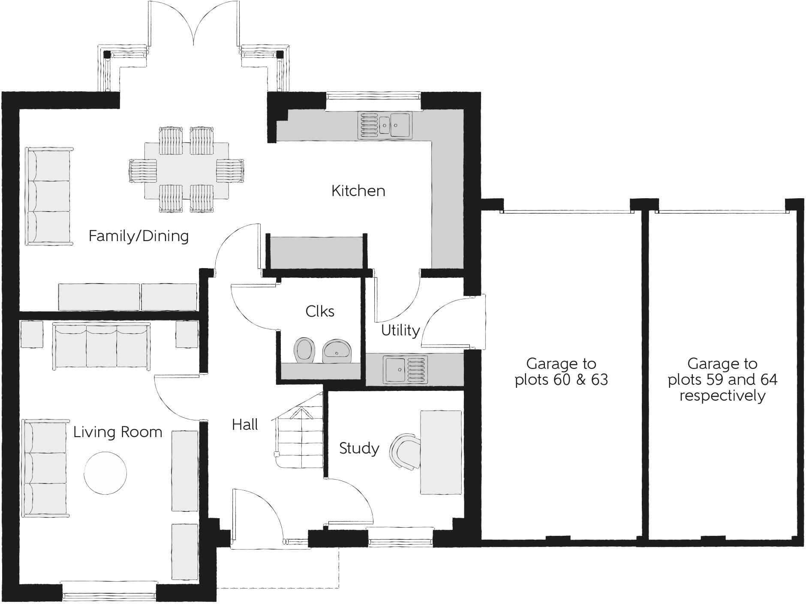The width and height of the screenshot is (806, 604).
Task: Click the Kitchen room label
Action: (358, 191)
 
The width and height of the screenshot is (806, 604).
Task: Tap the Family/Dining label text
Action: (138, 236)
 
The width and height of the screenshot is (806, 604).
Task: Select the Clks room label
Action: (320, 311)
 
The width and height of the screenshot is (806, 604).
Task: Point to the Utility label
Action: (400, 330)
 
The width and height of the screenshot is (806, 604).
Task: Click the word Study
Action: (359, 449)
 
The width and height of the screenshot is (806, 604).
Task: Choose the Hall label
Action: (245, 425)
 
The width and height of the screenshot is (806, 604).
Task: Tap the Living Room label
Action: (117, 432)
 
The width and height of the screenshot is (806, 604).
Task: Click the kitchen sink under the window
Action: (385, 125)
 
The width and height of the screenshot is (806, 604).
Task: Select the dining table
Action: (186, 170)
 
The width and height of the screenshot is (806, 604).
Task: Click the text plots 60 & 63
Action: (561, 380)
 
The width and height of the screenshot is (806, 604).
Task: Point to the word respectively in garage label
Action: (722, 396)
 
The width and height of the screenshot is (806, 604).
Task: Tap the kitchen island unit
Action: (316, 252)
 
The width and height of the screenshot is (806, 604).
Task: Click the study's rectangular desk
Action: (441, 452)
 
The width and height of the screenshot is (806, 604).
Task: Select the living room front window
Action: (108, 595)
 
